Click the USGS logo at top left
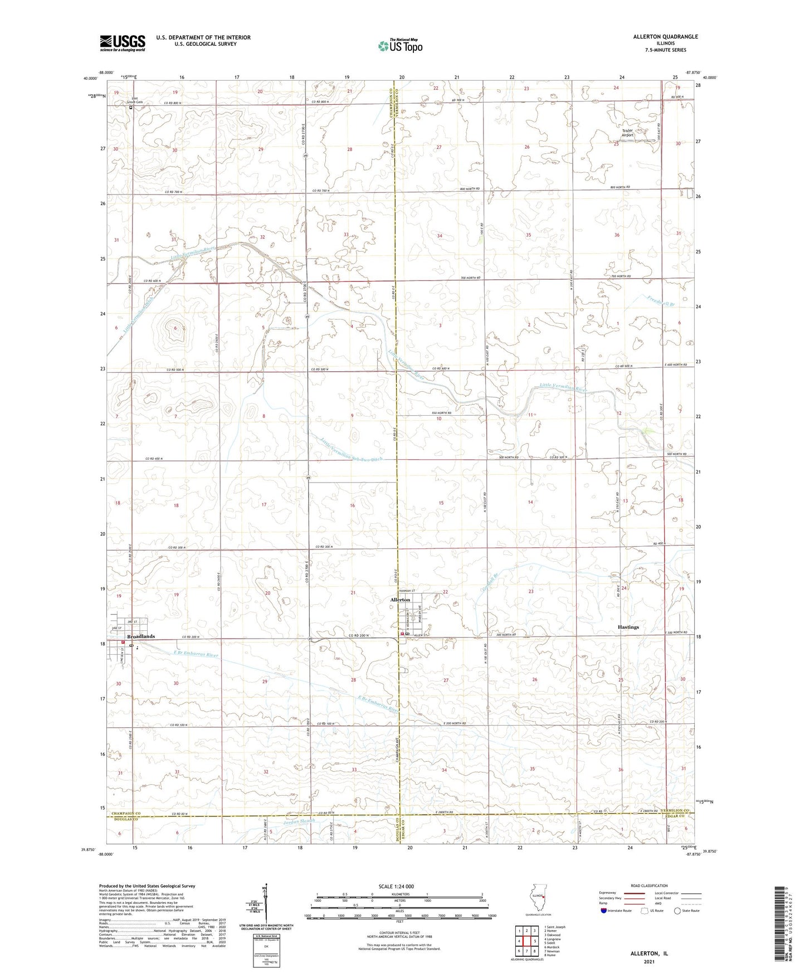coord(123,42)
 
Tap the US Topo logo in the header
coord(400,46)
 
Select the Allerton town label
coord(400,600)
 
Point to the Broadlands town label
coord(141,636)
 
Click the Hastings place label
coord(628,627)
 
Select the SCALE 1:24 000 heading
coord(396,886)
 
